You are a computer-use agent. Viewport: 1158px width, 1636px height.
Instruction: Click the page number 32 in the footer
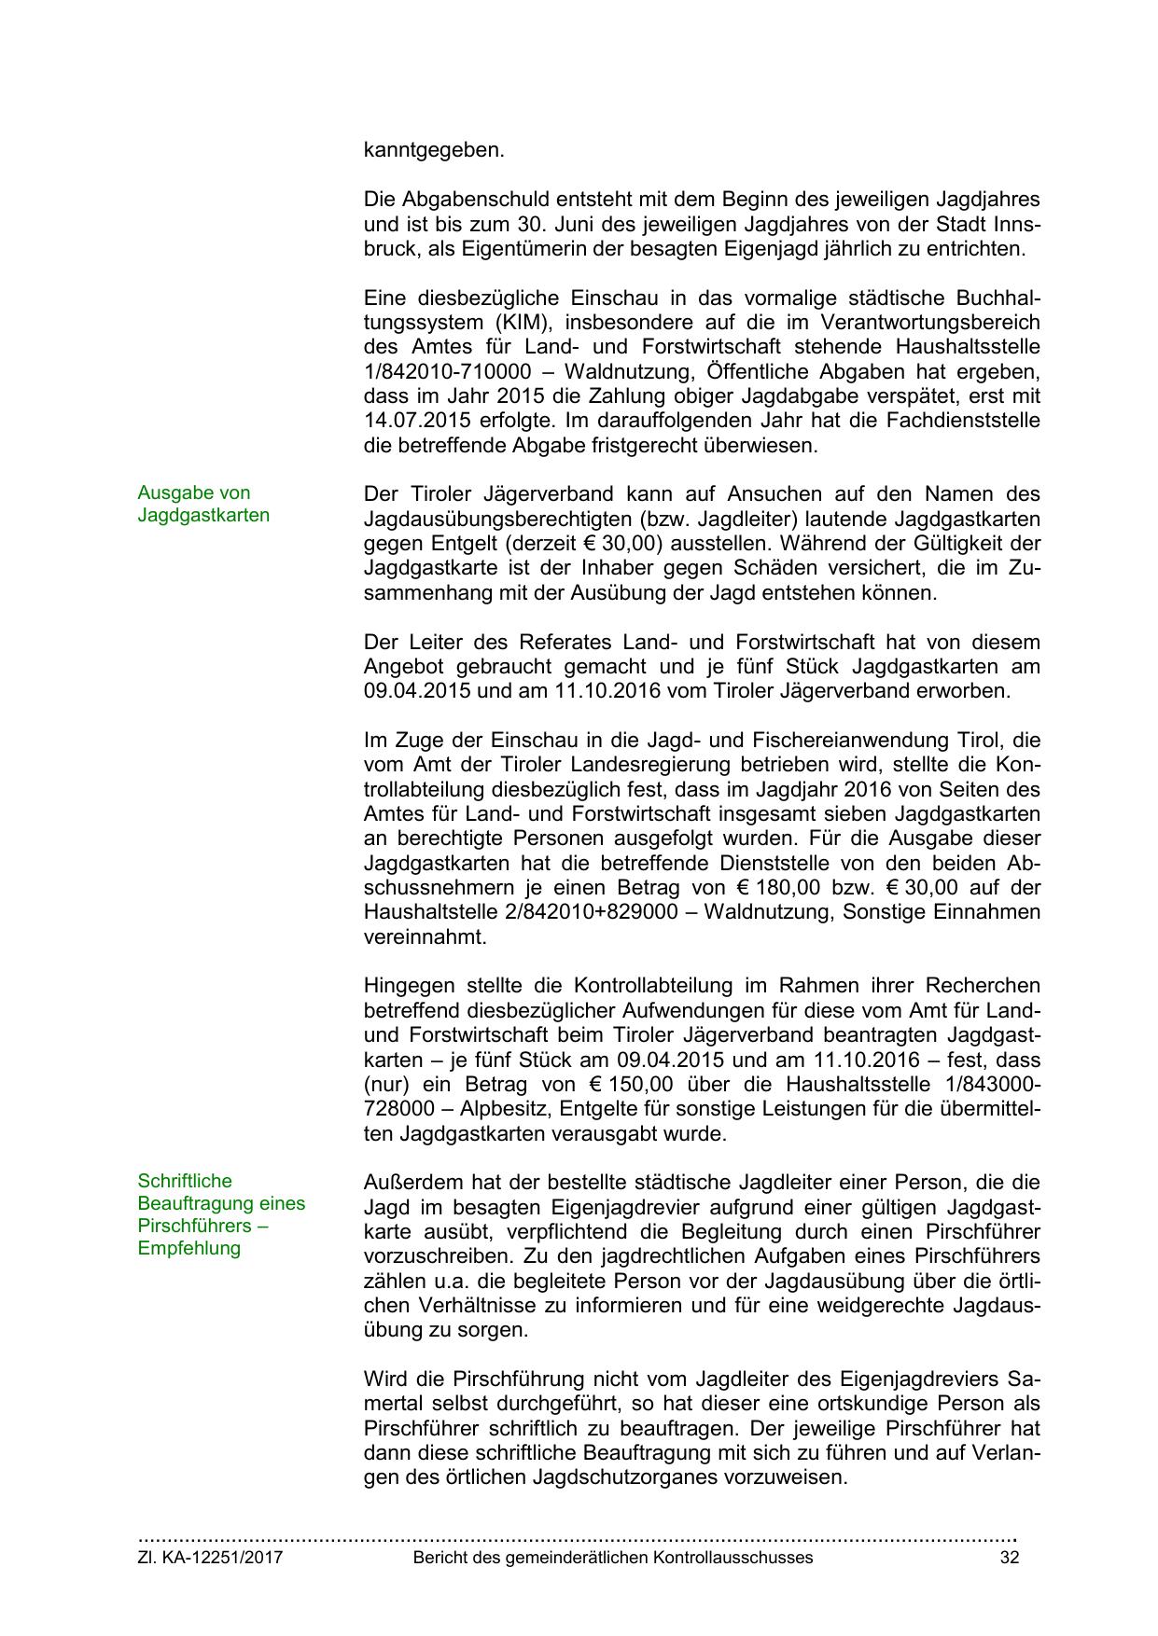(x=1009, y=1558)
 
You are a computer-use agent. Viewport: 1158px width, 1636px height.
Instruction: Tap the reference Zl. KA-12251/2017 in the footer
(x=210, y=1558)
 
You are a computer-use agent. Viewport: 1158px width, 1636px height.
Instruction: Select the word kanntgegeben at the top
(x=434, y=150)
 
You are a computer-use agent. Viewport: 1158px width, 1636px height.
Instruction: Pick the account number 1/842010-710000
(x=441, y=372)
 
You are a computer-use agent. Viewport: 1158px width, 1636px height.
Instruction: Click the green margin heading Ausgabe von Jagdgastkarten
(x=203, y=505)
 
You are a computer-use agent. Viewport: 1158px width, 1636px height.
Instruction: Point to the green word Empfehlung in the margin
(x=189, y=1248)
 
